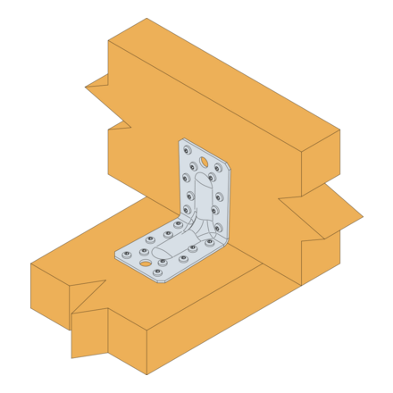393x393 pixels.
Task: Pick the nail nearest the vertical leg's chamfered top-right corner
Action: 218,167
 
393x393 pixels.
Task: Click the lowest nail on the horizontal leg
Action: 159,272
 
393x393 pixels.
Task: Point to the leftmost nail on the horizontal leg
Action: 127,254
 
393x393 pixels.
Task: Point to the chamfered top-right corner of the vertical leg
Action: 225,163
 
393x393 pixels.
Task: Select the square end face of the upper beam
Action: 320,161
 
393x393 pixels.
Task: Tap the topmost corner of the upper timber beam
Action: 146,19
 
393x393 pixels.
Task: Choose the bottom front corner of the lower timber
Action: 146,374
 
